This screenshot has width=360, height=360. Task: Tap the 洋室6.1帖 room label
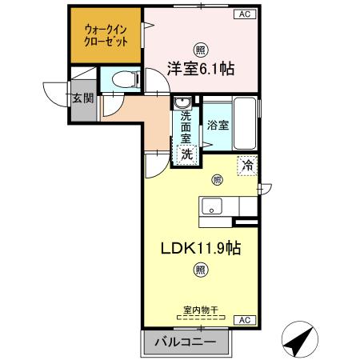201,68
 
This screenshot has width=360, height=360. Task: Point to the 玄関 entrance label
82,99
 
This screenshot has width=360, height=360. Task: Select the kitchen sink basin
212,206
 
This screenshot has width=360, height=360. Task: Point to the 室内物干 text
200,310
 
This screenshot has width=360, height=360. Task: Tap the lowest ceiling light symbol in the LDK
199,271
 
